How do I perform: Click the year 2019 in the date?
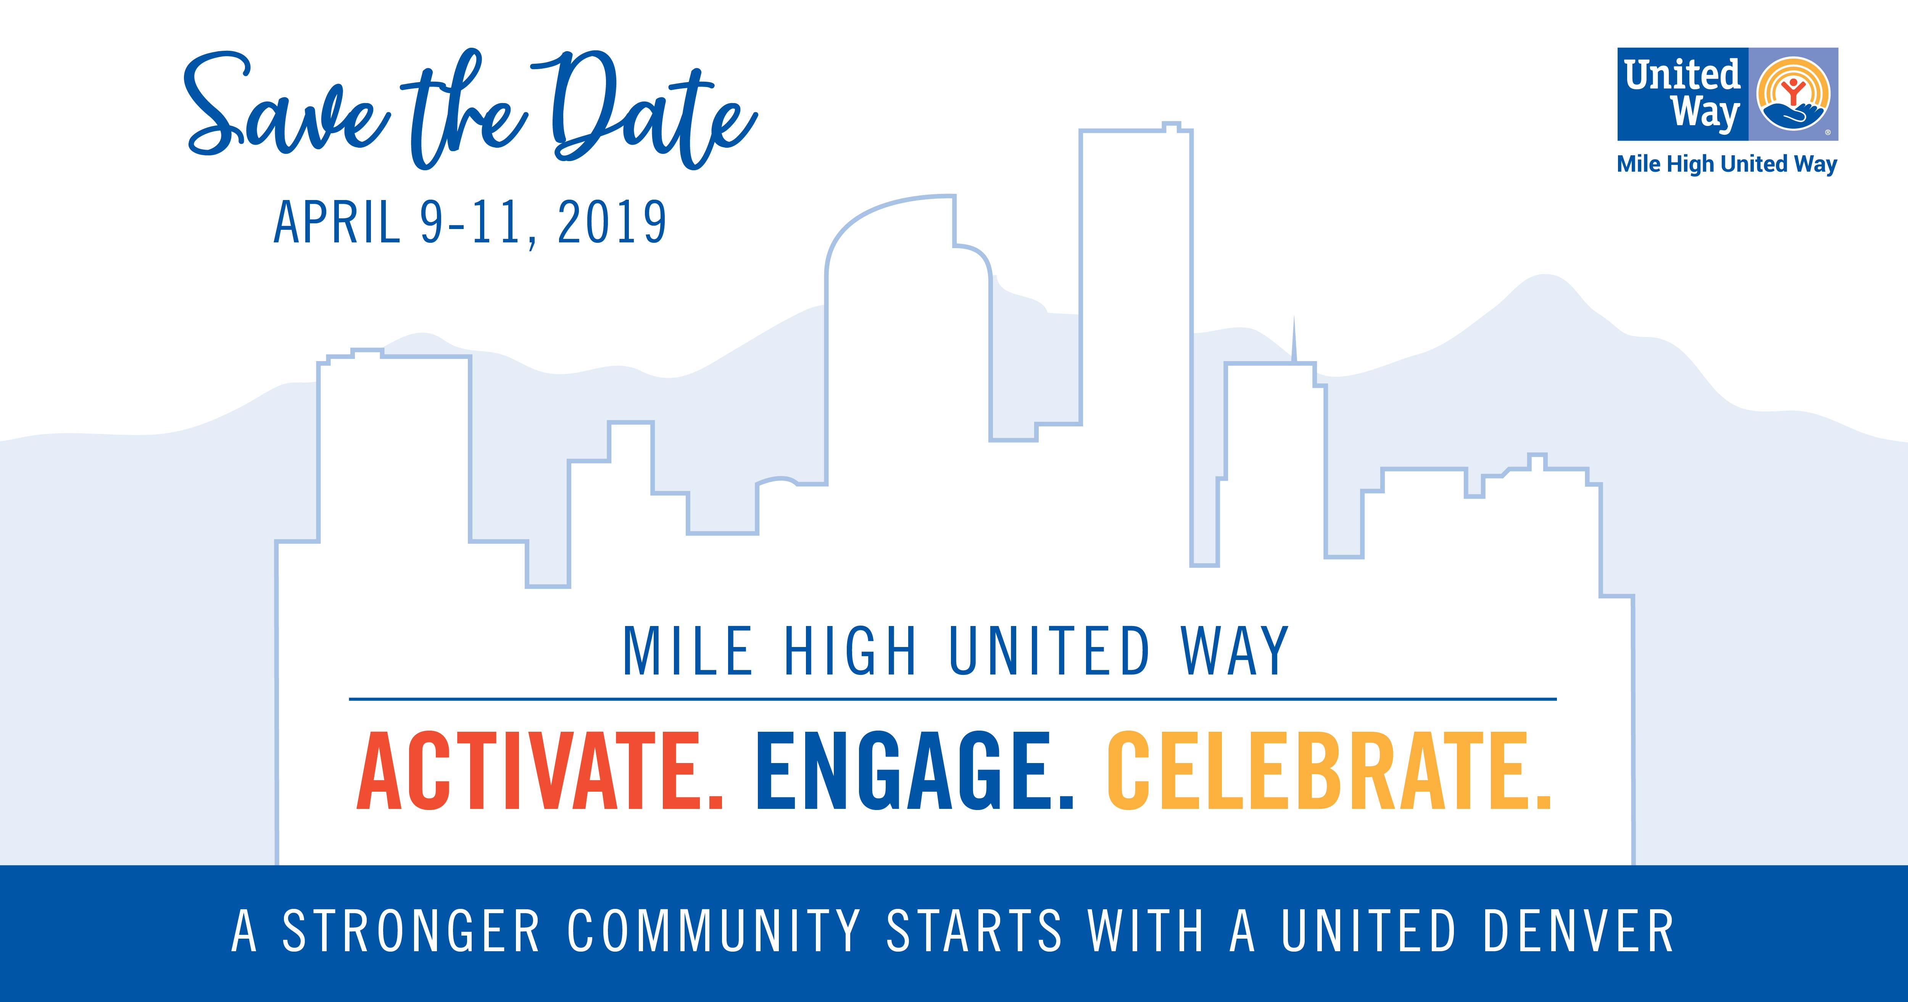tap(612, 222)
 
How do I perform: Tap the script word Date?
tap(652, 111)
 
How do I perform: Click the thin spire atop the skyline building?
tap(1294, 339)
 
